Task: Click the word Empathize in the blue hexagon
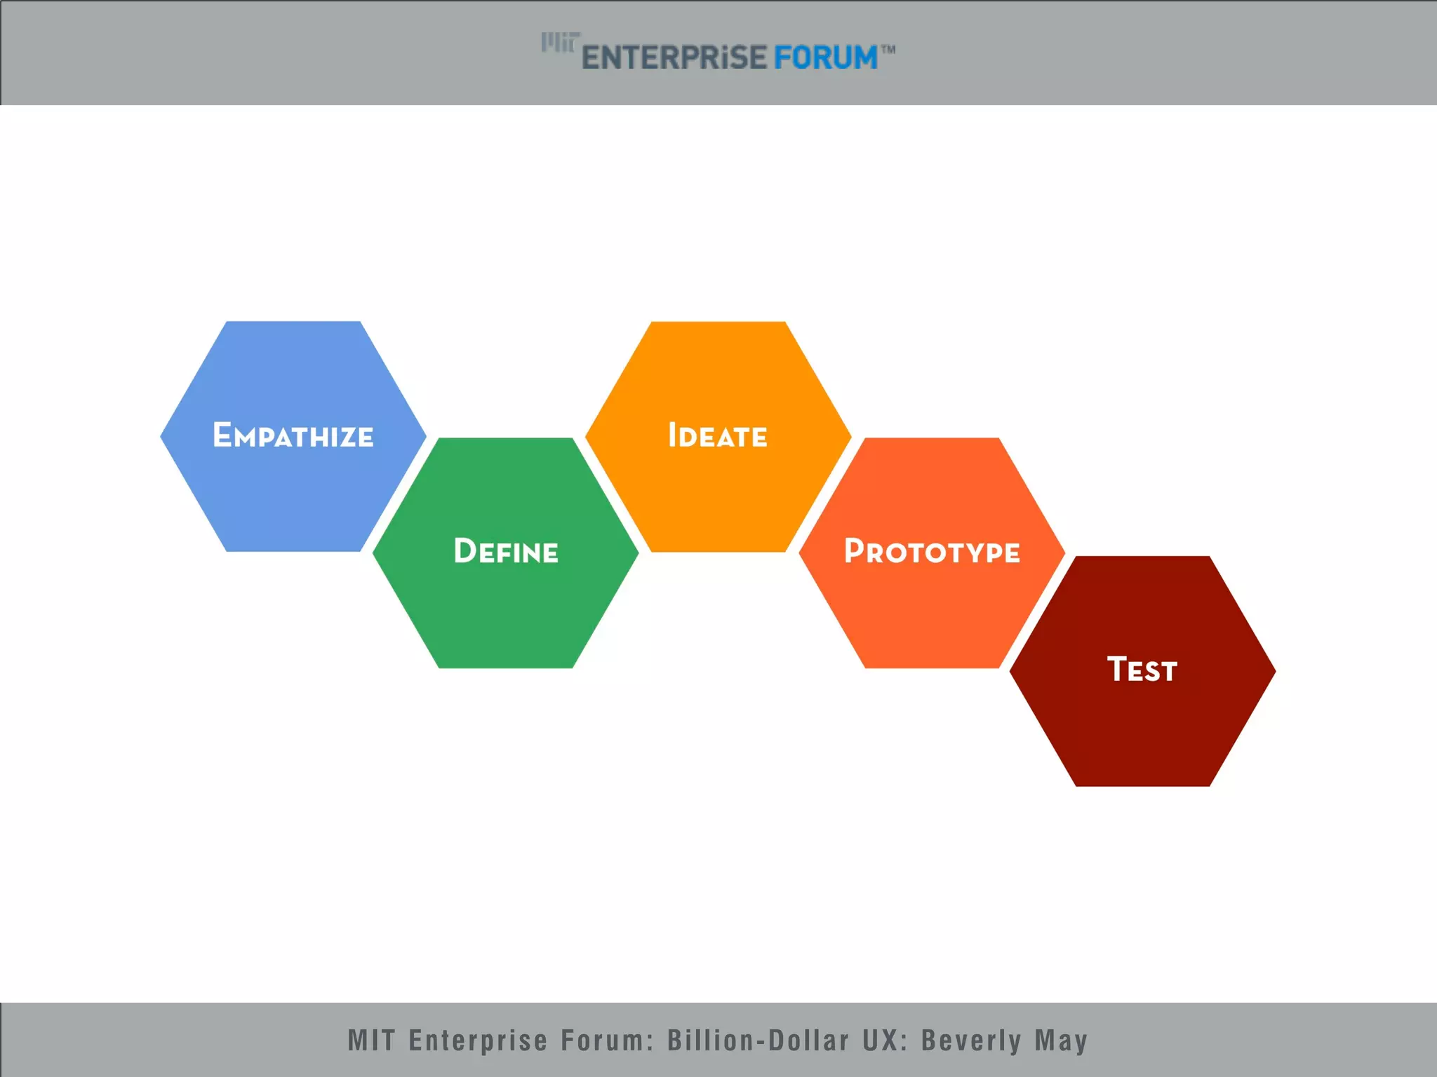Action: pos(293,435)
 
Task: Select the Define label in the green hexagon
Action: pos(506,552)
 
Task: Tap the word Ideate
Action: pos(717,435)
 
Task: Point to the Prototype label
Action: pos(932,552)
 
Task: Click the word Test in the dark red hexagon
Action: pos(1142,670)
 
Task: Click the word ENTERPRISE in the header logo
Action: pos(674,57)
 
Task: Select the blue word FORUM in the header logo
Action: pos(825,57)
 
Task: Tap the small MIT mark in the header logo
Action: pos(559,43)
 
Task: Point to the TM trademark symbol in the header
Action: pos(888,50)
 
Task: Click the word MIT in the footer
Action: pos(371,1041)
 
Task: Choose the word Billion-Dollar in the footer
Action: pos(758,1041)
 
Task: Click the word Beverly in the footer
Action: pos(970,1041)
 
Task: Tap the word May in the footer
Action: pos(1061,1041)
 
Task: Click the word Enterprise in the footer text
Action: pos(477,1041)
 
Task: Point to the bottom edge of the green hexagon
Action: pos(506,666)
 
